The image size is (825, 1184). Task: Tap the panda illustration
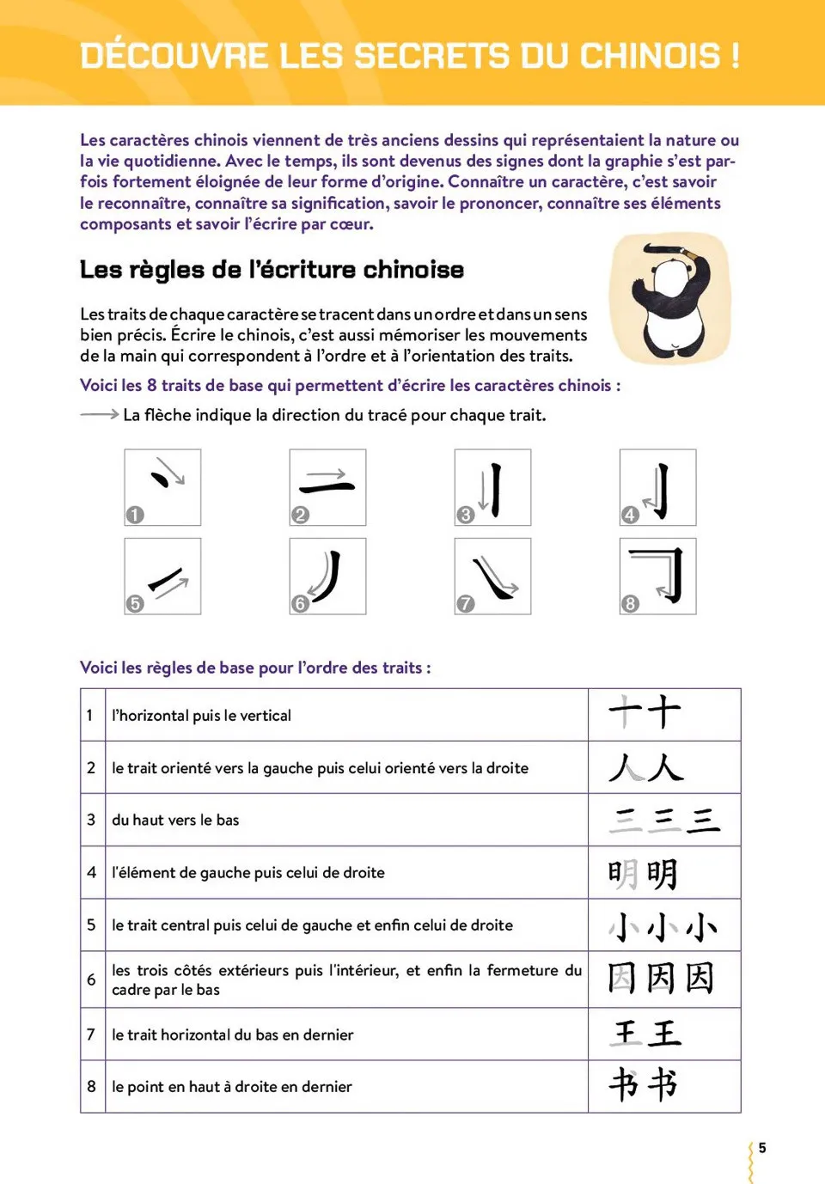pos(669,298)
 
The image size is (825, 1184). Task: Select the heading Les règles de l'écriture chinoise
pos(272,270)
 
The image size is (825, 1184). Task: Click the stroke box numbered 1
pos(162,487)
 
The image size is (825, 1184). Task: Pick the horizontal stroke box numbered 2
pos(327,487)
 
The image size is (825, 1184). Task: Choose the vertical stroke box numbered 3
pos(492,487)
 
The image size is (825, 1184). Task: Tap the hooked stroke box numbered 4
pos(657,487)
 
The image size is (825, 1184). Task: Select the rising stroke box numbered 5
pos(162,577)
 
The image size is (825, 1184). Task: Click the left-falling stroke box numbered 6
pos(327,577)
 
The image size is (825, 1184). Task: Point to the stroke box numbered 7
pos(492,577)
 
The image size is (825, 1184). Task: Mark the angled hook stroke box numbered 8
pos(657,577)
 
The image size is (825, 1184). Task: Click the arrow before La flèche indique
pos(99,414)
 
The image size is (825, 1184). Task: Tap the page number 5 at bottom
pos(761,1148)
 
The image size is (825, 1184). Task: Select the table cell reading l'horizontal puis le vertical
pos(202,716)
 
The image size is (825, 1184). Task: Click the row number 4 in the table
pos(92,872)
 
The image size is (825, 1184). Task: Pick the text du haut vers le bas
pos(175,820)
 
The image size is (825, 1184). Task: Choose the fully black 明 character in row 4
pos(663,874)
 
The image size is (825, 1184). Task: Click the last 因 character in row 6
pos(700,978)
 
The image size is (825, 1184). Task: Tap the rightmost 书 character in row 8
pos(663,1085)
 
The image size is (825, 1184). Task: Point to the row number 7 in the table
pos(91,1034)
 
